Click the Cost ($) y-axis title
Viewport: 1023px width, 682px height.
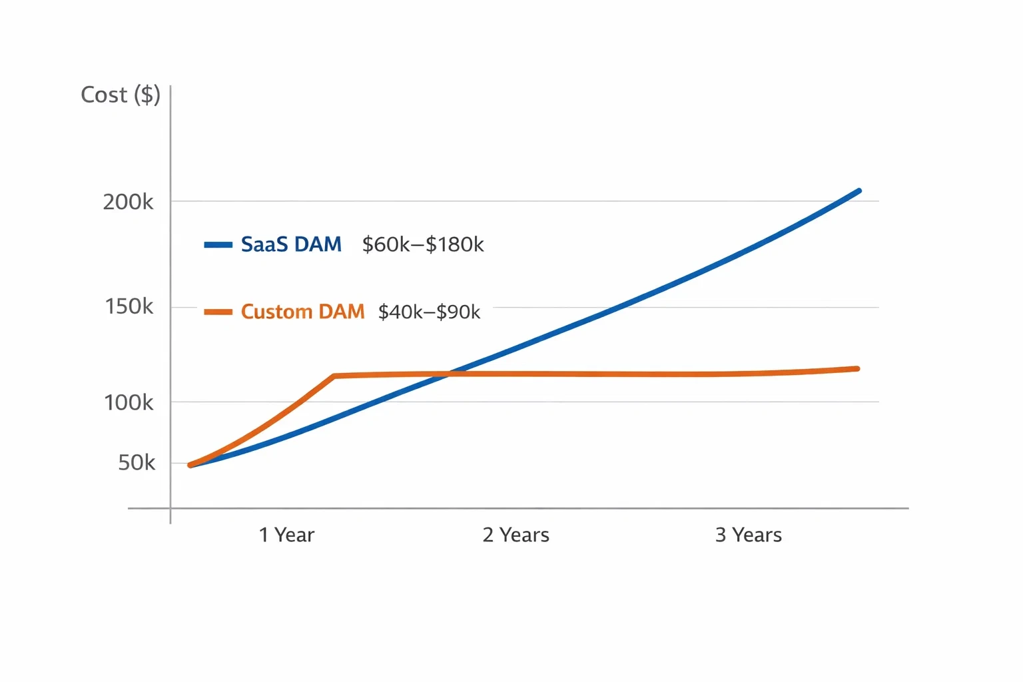tap(121, 95)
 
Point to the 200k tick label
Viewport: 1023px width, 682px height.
tap(128, 202)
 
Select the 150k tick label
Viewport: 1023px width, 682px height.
tap(129, 306)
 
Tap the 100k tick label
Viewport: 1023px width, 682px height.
tap(129, 402)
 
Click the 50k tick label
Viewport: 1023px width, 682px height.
tap(137, 462)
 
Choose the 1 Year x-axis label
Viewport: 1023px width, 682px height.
tap(286, 535)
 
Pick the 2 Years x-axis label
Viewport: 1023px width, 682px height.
tap(516, 535)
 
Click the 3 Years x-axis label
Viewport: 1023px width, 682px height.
tap(749, 535)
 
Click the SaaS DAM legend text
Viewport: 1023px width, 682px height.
tap(291, 244)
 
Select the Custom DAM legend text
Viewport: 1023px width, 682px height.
tap(302, 312)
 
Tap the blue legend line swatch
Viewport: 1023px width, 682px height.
tap(218, 245)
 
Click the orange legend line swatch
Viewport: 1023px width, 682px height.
tap(218, 312)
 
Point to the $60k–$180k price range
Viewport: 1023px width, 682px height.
tap(423, 244)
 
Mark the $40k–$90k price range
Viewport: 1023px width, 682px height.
tap(429, 312)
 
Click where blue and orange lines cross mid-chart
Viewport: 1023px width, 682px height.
tap(448, 374)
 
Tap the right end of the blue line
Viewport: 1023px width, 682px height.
tap(858, 191)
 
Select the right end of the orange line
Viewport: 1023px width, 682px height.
tap(857, 368)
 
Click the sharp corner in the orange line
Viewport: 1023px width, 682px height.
tap(334, 376)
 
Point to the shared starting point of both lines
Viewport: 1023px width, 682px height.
tap(190, 465)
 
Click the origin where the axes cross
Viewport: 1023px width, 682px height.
tap(170, 508)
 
